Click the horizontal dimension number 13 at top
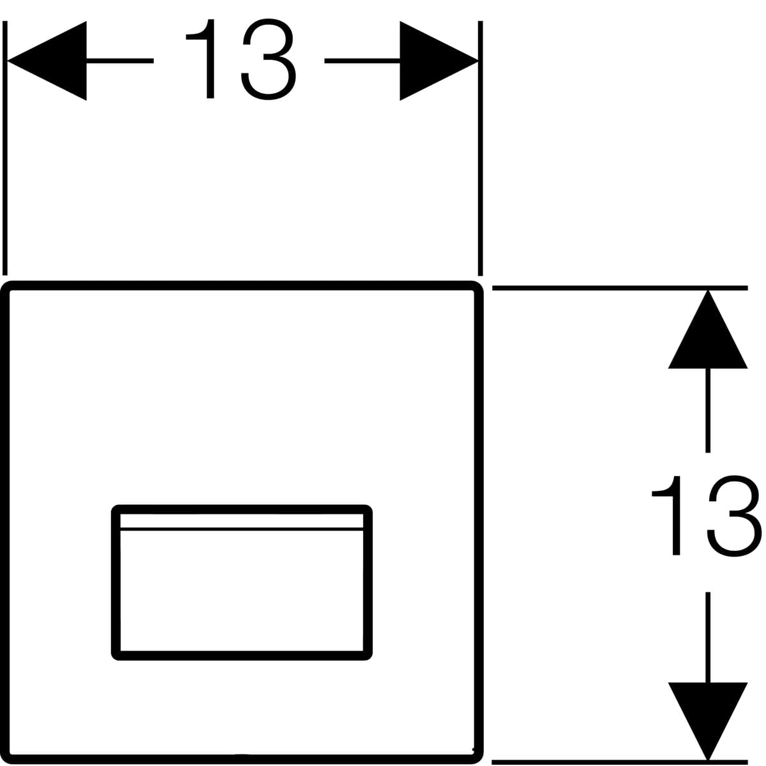[241, 59]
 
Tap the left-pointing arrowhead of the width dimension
[47, 61]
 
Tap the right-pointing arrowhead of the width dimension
[439, 61]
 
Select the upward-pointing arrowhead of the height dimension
[708, 329]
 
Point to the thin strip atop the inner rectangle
[242, 522]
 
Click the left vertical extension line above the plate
[4, 148]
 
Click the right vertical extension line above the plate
[480, 148]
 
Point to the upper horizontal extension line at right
[620, 288]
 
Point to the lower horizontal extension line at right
[620, 762]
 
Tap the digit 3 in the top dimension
[269, 59]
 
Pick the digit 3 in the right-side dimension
[735, 516]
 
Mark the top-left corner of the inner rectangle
[116, 509]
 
